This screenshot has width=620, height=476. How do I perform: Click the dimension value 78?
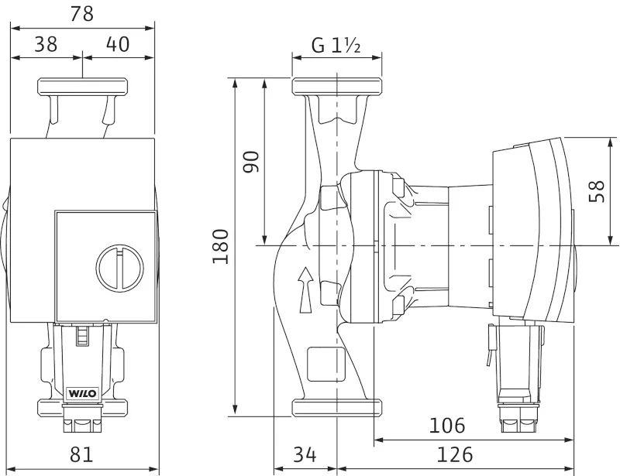[82, 14]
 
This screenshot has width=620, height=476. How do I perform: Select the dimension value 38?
[46, 44]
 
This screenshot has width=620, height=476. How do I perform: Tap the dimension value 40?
[118, 44]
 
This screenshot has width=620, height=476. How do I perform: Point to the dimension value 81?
[81, 454]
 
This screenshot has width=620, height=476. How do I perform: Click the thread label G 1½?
[336, 46]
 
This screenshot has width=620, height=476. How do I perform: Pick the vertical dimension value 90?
[250, 162]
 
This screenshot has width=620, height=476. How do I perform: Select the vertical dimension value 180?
[221, 246]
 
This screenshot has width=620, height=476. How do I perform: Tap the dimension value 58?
[597, 191]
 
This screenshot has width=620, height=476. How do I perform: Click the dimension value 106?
[447, 426]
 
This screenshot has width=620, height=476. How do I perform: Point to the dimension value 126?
[455, 454]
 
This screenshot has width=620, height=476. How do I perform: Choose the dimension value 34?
[305, 454]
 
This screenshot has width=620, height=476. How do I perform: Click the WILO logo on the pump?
[83, 393]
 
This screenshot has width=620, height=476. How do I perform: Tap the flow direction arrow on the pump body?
[305, 290]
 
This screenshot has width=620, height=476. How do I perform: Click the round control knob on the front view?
[120, 269]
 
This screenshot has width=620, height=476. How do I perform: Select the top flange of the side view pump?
[337, 87]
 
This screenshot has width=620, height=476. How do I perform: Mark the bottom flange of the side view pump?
[337, 408]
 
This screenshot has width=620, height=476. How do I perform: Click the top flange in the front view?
[83, 87]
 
